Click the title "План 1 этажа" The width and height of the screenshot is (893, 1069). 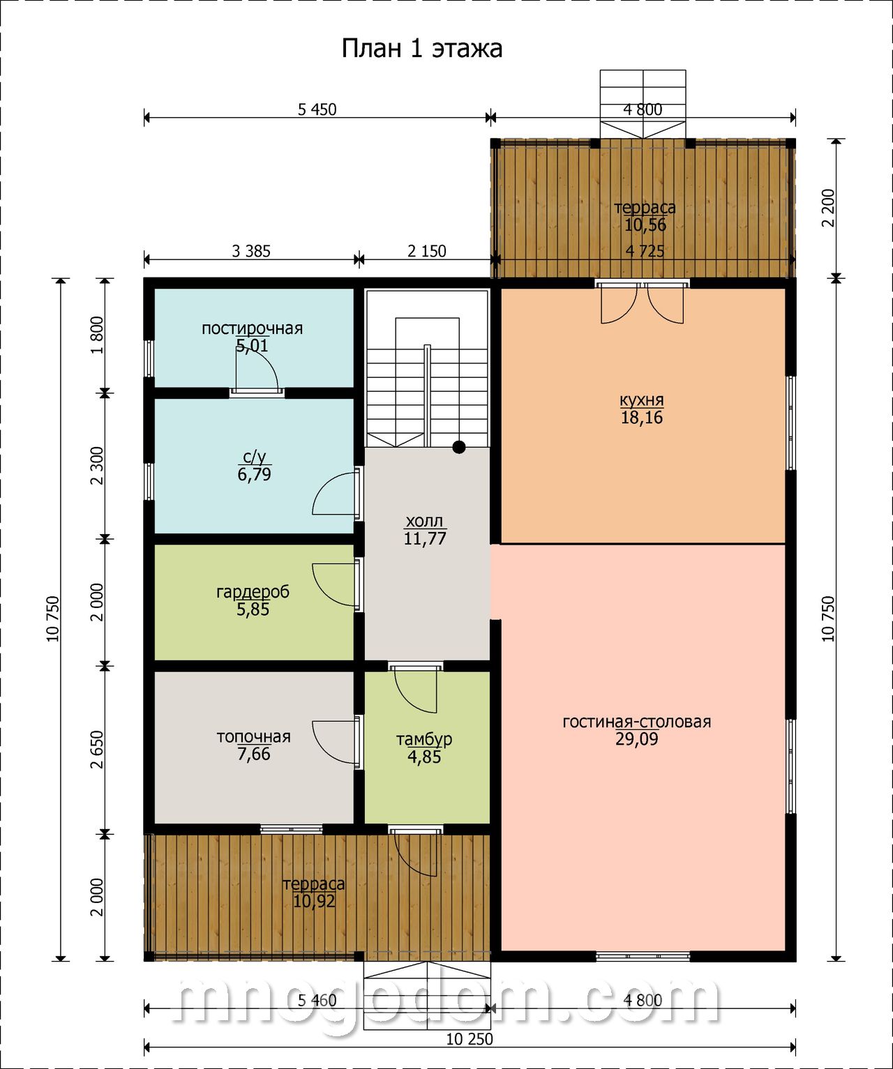pos(421,49)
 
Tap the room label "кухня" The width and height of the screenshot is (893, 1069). pos(641,400)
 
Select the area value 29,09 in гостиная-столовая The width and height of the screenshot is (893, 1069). pos(637,738)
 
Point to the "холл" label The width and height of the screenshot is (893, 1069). pos(425,522)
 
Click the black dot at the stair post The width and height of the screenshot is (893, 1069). pos(459,447)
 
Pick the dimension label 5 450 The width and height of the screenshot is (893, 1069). pos(317,109)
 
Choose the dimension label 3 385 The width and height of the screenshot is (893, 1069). pos(251,251)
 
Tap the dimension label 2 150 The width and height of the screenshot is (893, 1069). pos(427,251)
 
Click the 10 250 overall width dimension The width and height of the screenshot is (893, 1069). pos(470,1039)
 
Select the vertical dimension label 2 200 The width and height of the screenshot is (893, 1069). pos(828,208)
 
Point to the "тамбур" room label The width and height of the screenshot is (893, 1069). pos(424,739)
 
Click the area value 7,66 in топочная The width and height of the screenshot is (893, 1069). pos(254,754)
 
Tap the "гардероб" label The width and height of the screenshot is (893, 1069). pos(253,592)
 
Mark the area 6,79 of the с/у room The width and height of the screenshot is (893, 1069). pos(254,474)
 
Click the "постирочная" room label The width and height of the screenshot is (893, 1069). pos(252,328)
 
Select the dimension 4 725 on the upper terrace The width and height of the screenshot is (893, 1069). pos(645,251)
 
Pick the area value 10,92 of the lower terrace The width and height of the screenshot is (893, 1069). pos(314,901)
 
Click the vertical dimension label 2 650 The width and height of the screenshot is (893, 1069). pos(97,750)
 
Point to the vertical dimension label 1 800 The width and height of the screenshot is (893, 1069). pos(97,335)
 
